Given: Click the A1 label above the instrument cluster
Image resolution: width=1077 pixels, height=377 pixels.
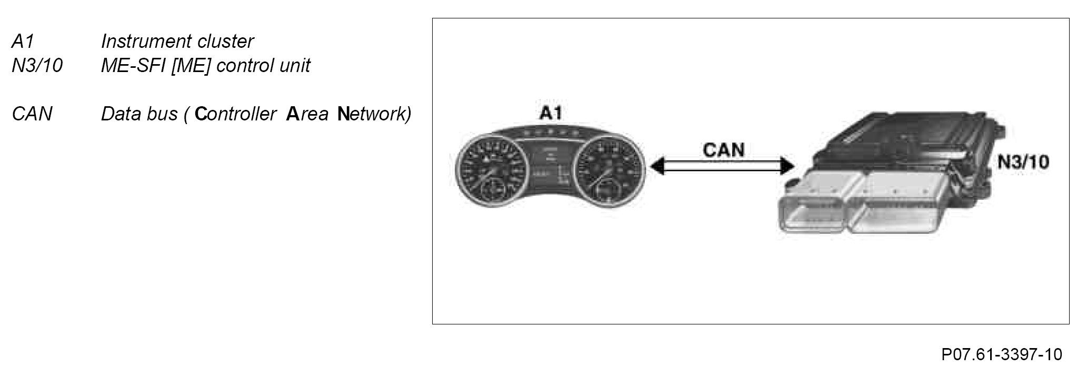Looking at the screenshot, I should click(550, 114).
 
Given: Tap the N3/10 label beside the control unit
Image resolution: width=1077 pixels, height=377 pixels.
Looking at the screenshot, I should click(1023, 162).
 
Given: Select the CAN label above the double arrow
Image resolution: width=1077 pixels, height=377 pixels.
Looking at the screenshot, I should click(724, 150).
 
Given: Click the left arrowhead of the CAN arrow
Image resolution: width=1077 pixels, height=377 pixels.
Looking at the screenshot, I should click(656, 167).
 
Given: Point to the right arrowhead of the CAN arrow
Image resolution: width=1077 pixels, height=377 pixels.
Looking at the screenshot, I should click(788, 167).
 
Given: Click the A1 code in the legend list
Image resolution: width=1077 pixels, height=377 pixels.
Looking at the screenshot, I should click(23, 41).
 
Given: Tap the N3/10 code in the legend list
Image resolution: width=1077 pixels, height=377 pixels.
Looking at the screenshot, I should click(37, 66).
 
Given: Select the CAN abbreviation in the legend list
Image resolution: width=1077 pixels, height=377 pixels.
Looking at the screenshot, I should click(32, 114).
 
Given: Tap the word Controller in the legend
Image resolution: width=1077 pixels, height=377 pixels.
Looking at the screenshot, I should click(235, 114).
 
